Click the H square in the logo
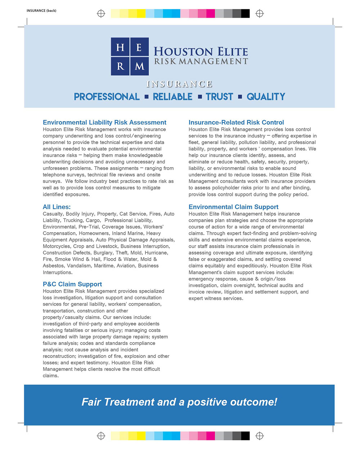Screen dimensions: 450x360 pos(120,47)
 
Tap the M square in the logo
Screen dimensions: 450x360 pos(140,66)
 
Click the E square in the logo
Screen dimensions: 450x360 pos(140,47)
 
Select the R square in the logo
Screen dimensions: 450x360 pos(120,66)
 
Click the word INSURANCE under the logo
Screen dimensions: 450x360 pos(179,84)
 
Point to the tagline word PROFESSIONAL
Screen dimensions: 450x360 pos(107,97)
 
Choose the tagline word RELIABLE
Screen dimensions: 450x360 pos(172,97)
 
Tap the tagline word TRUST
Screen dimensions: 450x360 pos(220,97)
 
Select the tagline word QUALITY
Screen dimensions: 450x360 pos(266,97)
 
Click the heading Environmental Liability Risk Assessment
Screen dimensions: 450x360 pos(104,122)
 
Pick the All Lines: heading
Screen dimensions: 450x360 pos(57,207)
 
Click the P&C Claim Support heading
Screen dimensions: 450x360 pos(72,284)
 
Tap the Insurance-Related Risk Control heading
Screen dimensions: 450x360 pos(236,122)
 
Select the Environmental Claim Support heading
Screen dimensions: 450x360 pos(233,207)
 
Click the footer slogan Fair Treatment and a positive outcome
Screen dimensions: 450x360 pos(179,402)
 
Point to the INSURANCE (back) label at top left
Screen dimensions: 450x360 pos(41,10)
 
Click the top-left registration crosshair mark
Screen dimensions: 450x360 pos(101,14)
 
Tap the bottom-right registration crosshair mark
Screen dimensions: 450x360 pos(260,436)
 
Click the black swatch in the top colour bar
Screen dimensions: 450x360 pos(246,14)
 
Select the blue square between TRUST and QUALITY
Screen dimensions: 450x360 pos(240,97)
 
